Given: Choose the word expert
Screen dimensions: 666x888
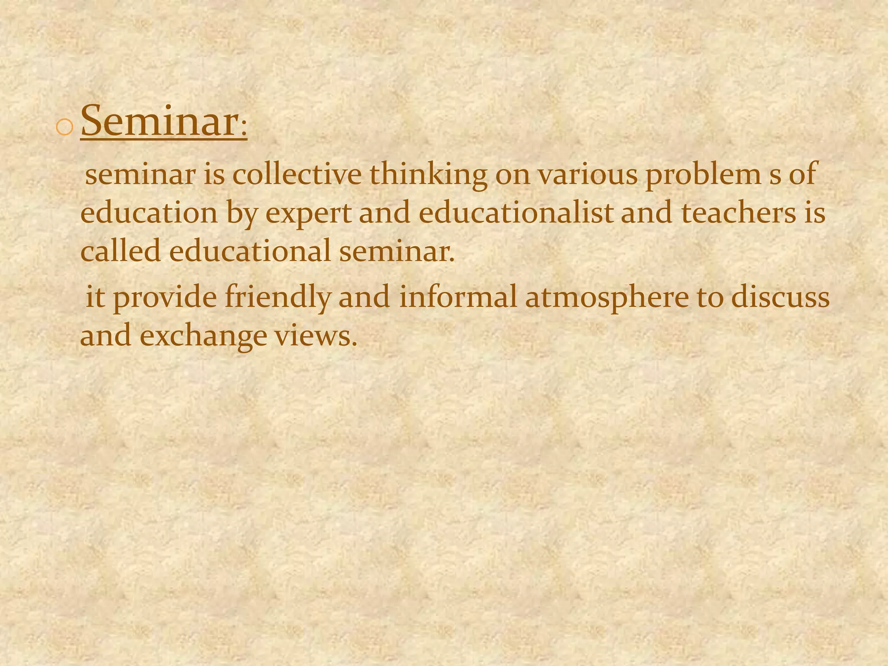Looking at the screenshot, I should click(308, 213).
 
